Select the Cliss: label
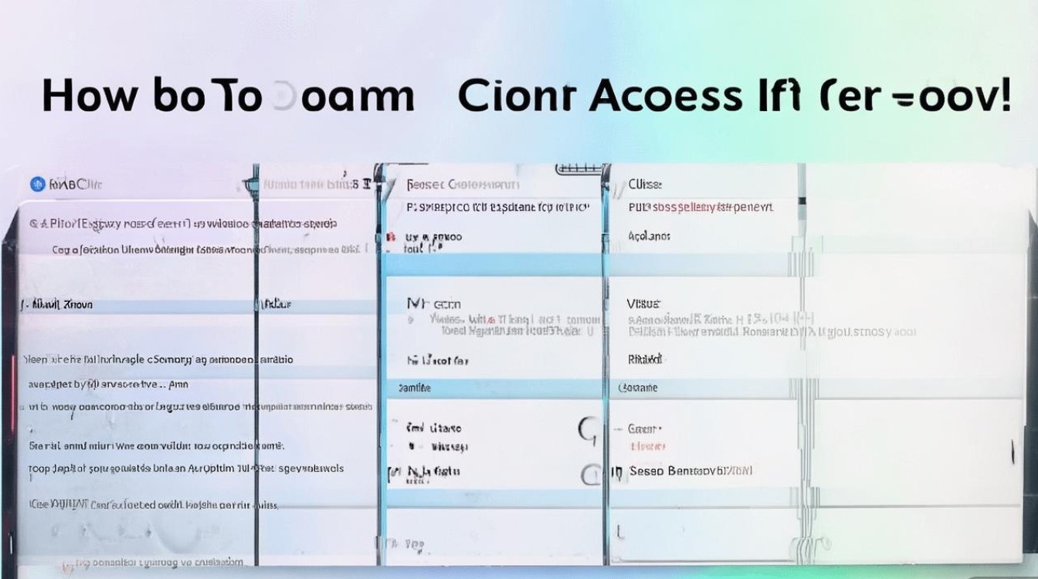pyautogui.click(x=645, y=185)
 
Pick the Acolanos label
pyautogui.click(x=650, y=236)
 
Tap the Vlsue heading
pyautogui.click(x=644, y=304)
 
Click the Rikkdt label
pyautogui.click(x=645, y=359)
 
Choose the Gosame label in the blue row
pyautogui.click(x=639, y=388)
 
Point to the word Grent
pyautogui.click(x=644, y=428)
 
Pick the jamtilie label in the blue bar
pyautogui.click(x=414, y=388)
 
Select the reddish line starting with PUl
pyautogui.click(x=700, y=208)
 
